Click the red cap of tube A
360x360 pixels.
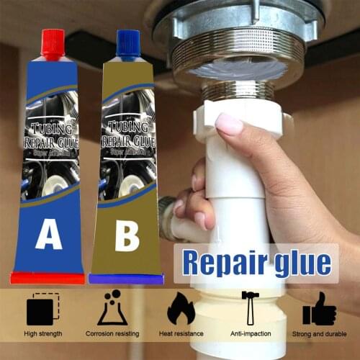[54, 44]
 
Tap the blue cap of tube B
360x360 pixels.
[127, 45]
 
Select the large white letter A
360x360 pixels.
[48, 234]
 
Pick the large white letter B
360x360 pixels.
[127, 236]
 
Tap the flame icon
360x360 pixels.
[181, 309]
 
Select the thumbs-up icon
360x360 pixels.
[319, 309]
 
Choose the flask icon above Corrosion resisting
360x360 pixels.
[112, 307]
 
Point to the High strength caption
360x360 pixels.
[42, 334]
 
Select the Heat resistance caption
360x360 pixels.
[181, 334]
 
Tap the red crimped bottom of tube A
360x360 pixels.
[48, 278]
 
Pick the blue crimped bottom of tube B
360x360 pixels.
[126, 279]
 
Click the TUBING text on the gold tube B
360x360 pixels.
[128, 130]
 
